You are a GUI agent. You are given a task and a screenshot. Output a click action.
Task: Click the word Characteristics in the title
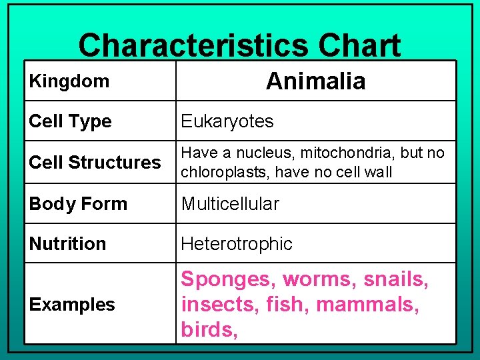(x=193, y=45)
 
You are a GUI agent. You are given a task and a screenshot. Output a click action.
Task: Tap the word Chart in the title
(x=359, y=45)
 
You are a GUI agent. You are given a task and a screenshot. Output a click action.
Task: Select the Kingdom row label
(x=69, y=81)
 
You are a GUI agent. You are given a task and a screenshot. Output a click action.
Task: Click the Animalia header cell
(x=316, y=81)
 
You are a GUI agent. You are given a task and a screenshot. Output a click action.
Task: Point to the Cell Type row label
(x=70, y=121)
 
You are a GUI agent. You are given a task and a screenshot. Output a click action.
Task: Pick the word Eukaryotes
(x=227, y=121)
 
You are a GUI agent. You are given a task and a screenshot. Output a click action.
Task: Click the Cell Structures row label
(x=95, y=162)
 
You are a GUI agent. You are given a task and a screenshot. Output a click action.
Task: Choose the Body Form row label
(x=78, y=204)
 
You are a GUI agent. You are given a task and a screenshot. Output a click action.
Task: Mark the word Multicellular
(x=230, y=203)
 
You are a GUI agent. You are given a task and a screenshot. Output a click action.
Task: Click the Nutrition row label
(x=67, y=244)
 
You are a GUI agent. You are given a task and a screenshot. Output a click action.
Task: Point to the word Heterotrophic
(x=237, y=244)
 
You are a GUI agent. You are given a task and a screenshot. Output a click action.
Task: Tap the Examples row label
(x=72, y=305)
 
